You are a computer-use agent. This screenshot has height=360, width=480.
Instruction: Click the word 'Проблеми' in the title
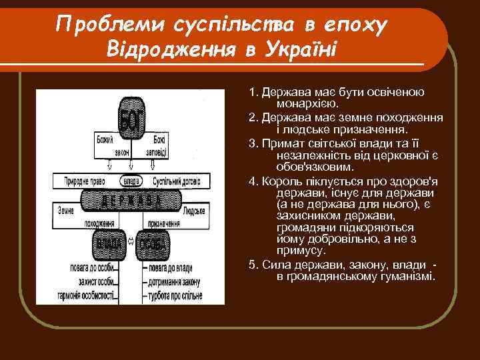[x=111, y=26]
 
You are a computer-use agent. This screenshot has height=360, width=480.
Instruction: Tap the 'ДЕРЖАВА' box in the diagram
[x=131, y=199]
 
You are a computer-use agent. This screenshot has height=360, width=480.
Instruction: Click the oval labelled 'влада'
[x=131, y=180]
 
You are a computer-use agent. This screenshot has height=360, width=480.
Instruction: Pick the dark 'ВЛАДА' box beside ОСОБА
[x=109, y=245]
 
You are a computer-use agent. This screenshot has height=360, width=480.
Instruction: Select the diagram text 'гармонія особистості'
[x=86, y=293]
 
